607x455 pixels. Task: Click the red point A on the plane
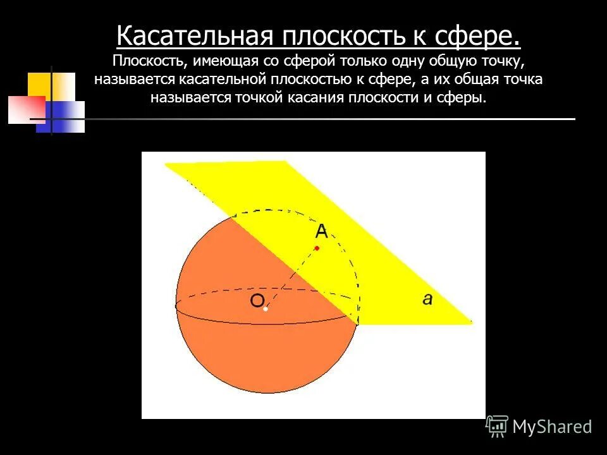[x=317, y=248]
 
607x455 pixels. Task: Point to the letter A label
[x=321, y=232]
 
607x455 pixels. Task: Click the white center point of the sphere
[x=266, y=309]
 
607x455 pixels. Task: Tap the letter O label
[x=257, y=301]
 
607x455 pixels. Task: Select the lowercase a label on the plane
[x=427, y=299]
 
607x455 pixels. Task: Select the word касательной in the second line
[x=214, y=80]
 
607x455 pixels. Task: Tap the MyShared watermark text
[x=552, y=427]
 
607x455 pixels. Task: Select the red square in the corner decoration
[x=25, y=109]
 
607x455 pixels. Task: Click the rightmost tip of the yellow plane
[x=471, y=322]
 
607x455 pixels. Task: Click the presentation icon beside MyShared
[x=497, y=426]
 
